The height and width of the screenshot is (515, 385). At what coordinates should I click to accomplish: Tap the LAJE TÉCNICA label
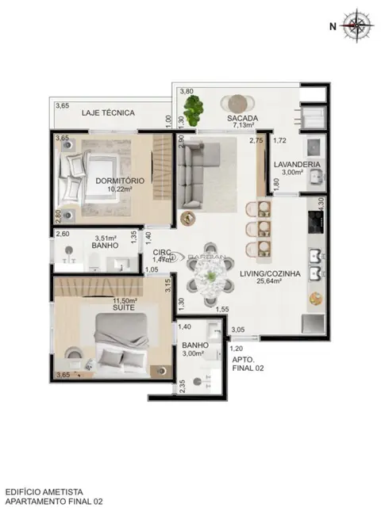coord(108,113)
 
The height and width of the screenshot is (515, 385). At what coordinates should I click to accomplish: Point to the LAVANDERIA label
coord(297,165)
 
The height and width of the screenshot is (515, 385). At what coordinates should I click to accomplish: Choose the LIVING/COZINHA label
coord(270,273)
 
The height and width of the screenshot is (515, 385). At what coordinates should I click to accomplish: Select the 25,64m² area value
coord(270,282)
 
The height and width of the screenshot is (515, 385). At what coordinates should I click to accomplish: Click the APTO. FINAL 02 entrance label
coord(243,363)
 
